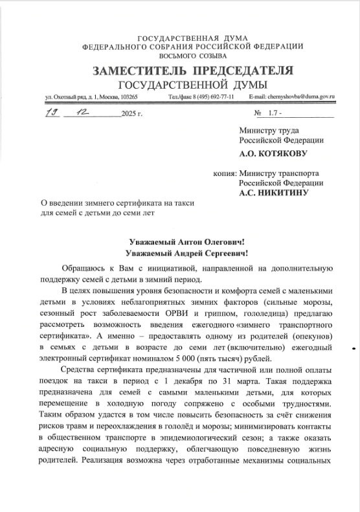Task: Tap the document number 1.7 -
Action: coord(276,114)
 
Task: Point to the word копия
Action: coord(225,173)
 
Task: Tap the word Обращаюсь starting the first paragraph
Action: coord(83,268)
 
